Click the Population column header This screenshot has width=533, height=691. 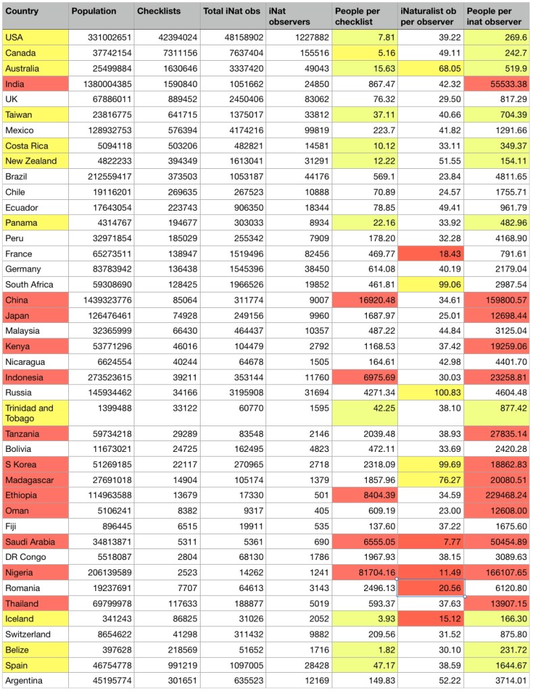click(94, 11)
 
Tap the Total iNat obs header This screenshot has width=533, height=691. click(230, 11)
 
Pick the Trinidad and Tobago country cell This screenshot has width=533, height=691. click(28, 413)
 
